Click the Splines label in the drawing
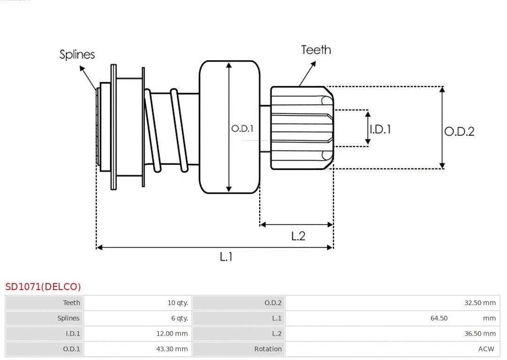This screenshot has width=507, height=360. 77,54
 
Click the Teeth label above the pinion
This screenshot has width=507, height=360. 316,50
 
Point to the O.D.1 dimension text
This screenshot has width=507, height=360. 242,128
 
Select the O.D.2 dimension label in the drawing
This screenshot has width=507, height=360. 459,131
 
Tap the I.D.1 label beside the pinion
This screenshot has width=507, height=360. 380,129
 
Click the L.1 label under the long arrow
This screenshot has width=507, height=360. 226,256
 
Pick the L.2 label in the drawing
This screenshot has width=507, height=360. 298,236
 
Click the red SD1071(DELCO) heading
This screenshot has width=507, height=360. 43,287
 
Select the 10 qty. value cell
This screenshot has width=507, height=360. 177,303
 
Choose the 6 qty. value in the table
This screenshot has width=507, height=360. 179,318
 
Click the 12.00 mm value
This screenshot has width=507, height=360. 172,334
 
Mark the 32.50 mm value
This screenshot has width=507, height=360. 480,303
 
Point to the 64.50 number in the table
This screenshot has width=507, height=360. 439,318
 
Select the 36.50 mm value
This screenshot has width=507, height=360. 480,334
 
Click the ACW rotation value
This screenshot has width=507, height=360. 486,349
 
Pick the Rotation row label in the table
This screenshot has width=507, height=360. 268,349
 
